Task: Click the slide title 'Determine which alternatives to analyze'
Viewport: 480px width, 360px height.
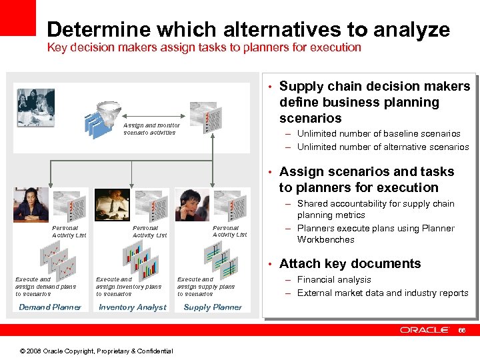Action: coord(248,29)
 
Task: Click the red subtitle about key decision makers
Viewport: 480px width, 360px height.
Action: coord(203,48)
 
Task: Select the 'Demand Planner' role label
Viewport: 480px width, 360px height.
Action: coord(50,307)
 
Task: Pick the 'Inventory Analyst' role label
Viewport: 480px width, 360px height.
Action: coord(132,307)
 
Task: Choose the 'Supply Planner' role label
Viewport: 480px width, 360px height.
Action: coord(213,307)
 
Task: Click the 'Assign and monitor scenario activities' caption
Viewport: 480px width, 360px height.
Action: coord(151,129)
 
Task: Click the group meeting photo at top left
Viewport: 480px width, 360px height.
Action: coord(35,107)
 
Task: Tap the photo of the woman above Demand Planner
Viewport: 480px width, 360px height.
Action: coord(31,205)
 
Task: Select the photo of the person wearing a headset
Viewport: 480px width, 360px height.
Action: coord(191,205)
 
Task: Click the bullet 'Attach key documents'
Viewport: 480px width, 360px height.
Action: coord(349,264)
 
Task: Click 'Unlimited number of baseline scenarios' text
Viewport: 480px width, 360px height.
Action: coord(378,134)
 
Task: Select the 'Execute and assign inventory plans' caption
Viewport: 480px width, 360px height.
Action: coord(128,287)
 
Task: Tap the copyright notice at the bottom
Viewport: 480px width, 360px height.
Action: coord(96,351)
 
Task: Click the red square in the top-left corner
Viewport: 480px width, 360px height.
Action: coord(17,17)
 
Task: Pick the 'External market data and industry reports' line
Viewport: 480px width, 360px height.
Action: coord(382,293)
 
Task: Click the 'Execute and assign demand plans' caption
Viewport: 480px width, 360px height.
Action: coord(46,287)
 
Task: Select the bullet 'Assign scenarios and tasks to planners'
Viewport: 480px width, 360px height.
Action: coord(366,180)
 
